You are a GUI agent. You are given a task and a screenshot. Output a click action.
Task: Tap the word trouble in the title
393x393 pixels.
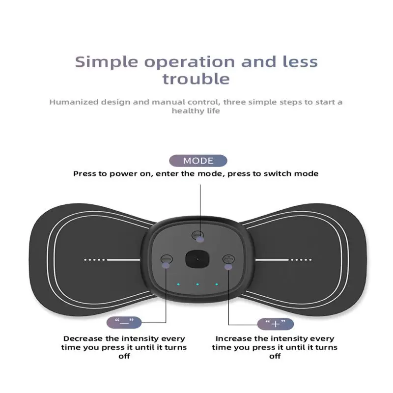click(x=196, y=79)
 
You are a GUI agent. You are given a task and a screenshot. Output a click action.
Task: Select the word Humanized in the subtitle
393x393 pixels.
click(x=75, y=102)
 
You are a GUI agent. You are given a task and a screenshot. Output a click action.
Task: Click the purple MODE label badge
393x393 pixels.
click(x=198, y=161)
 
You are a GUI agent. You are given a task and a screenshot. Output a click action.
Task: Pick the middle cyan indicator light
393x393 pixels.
click(x=196, y=284)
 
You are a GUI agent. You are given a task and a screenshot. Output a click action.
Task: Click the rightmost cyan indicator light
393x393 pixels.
click(x=216, y=284)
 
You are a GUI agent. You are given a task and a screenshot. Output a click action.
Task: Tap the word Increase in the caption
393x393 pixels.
click(x=235, y=338)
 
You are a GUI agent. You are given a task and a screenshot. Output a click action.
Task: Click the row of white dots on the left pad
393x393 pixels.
click(x=95, y=260)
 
